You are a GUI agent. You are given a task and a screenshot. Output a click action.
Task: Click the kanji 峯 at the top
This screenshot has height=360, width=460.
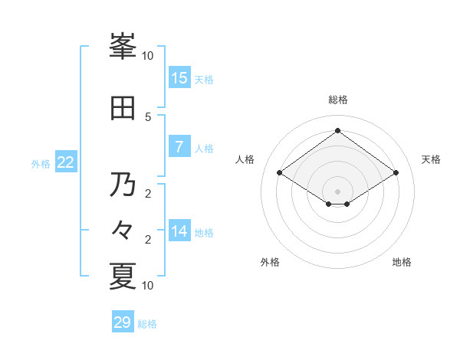coord(123,47)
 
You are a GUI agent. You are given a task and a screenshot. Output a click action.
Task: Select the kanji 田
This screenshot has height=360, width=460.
coord(123,108)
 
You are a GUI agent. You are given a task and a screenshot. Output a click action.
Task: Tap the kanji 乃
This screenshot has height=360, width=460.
coord(123,185)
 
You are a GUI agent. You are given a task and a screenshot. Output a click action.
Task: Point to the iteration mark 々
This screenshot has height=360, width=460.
coord(123,230)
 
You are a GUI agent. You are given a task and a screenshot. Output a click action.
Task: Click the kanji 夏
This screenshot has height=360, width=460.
coord(123,277)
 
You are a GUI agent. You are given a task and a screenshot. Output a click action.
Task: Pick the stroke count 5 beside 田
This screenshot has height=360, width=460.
coord(148,116)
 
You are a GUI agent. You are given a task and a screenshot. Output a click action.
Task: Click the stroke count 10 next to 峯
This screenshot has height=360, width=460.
coord(148,55)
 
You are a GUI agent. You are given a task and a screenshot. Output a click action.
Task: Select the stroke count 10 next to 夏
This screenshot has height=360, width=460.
coord(148,285)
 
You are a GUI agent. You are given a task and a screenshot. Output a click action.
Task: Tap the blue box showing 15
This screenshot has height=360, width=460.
coord(179,77)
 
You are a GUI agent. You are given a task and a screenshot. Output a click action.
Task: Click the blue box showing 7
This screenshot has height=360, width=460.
coord(179,147)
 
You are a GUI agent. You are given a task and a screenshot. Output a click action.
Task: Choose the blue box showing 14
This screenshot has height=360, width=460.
coord(179,231)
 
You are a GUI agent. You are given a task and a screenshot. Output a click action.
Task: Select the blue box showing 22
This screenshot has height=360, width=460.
coord(66,162)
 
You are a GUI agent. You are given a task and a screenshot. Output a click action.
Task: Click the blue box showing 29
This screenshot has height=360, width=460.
coord(123,322)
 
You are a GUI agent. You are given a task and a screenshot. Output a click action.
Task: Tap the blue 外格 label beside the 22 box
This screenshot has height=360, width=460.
coord(41,163)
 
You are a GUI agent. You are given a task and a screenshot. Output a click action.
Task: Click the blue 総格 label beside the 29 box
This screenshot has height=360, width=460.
coord(147,324)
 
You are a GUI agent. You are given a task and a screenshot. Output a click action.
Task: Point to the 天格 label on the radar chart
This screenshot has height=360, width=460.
coord(431,159)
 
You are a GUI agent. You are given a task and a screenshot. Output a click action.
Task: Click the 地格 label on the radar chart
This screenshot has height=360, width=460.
coord(402,262)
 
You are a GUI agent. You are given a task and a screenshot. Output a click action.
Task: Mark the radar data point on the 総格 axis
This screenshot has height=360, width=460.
coord(337,131)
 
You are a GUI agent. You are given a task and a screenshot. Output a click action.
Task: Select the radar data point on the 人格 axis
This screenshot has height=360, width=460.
coord(280,173)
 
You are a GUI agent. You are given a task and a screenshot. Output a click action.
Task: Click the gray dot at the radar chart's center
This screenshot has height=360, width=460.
coord(337,191)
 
